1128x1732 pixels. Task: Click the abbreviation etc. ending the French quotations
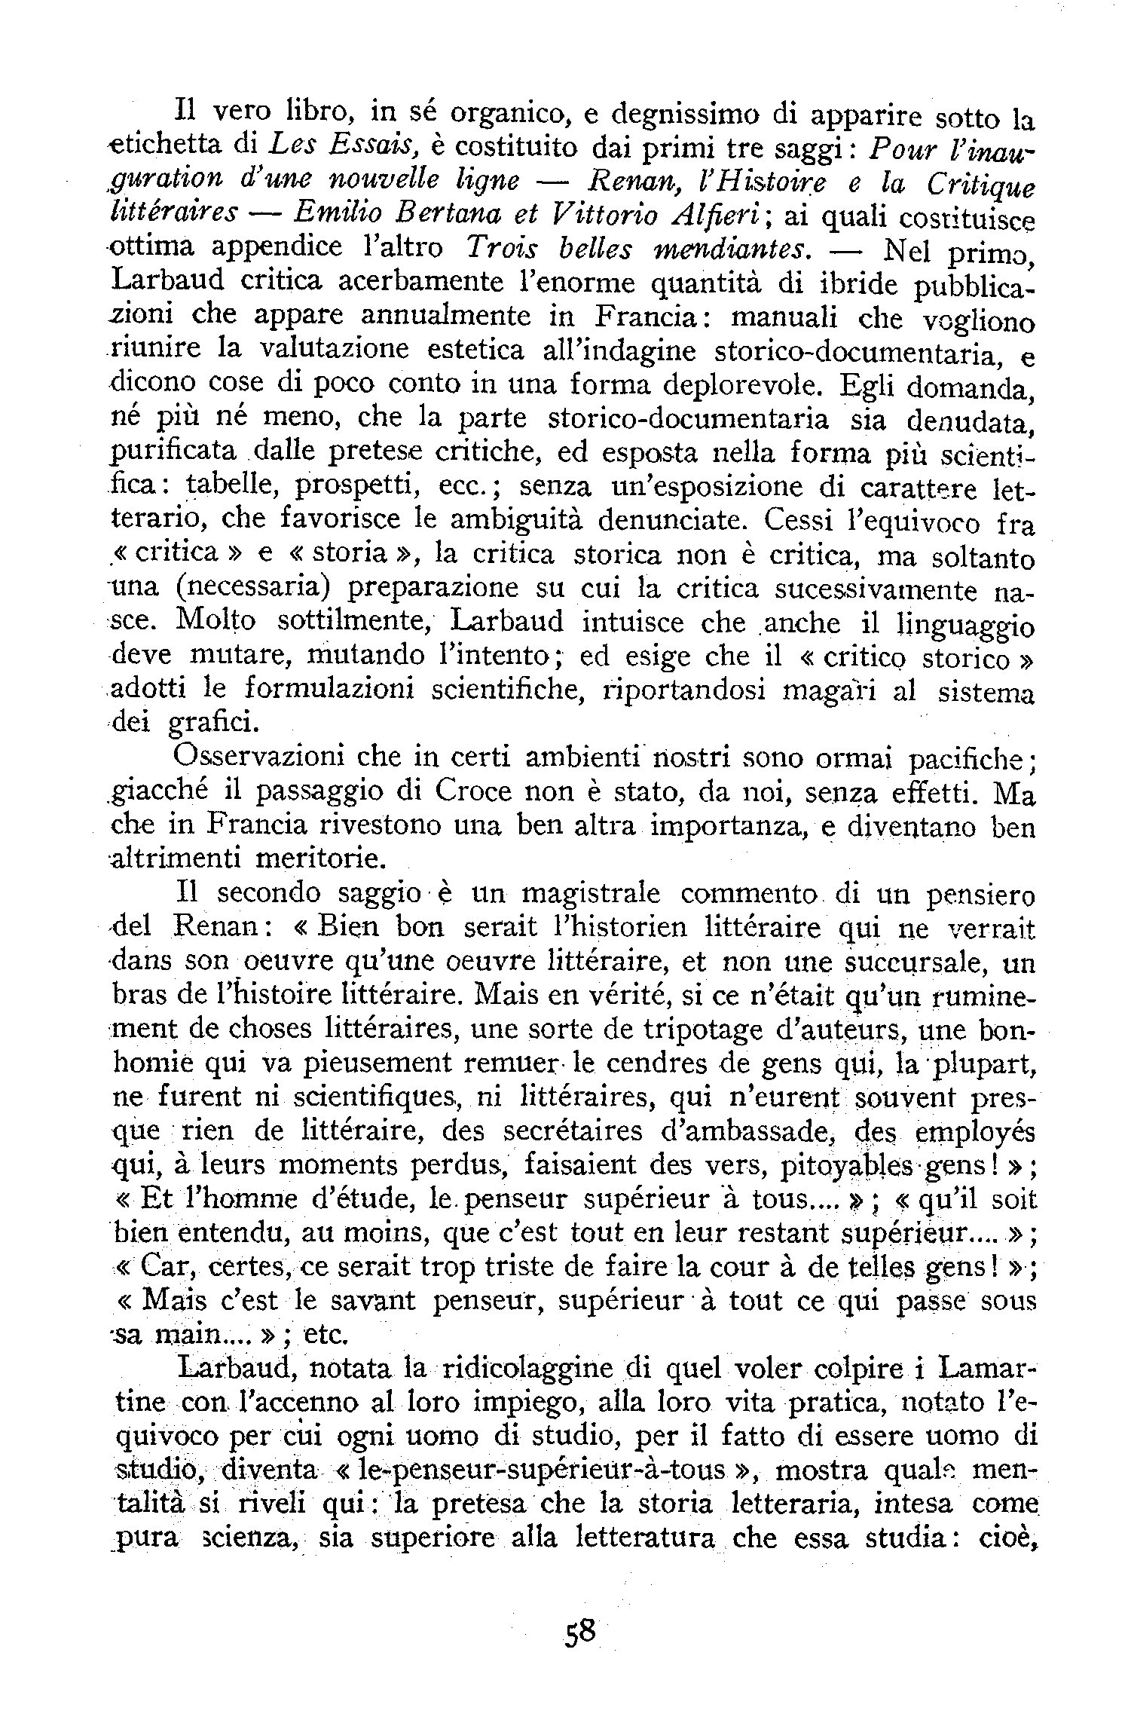[324, 1336]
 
